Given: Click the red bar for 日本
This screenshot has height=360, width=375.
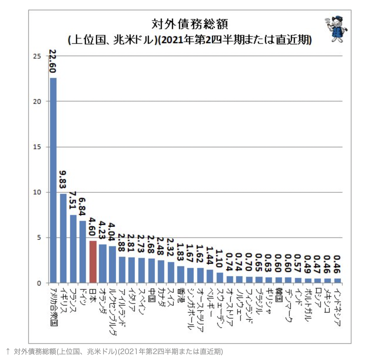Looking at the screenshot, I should point(93,262).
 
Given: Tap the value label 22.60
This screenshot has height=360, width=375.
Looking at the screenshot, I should point(52,61).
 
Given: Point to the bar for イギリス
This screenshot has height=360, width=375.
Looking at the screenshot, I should point(63,238).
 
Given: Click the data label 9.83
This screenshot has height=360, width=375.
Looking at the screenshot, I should point(63,179).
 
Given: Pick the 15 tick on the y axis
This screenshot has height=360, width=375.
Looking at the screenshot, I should point(37,147).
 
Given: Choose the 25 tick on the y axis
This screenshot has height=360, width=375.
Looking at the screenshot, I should point(37,56).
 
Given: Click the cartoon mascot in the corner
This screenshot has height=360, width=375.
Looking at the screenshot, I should point(336,29).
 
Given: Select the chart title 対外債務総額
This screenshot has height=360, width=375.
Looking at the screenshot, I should point(190,24).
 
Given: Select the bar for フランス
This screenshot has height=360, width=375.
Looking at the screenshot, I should point(73,249).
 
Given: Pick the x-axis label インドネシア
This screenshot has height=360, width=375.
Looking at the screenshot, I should point(337,306).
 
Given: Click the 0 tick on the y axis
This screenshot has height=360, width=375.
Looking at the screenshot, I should point(39,283).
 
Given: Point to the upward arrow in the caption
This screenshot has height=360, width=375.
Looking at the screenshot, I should point(8,351).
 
